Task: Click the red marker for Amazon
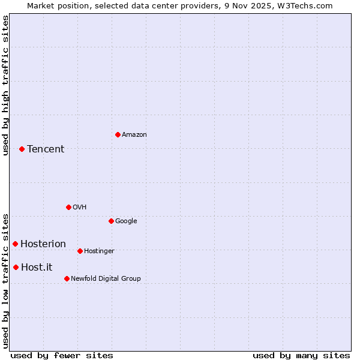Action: (x=118, y=134)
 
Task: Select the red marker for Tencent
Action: (x=22, y=149)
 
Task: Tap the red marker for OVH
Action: (x=68, y=207)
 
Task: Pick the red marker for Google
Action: (x=111, y=221)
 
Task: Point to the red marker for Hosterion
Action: (x=15, y=244)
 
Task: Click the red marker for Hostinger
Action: (x=80, y=251)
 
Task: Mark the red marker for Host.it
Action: (x=16, y=267)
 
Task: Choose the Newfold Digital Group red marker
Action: (x=67, y=278)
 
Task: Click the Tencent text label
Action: (x=46, y=149)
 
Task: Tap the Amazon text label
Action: (x=134, y=134)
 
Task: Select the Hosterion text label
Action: (x=43, y=244)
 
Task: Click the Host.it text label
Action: (x=37, y=267)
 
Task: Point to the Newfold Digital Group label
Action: (x=106, y=278)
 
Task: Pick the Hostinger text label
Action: (x=99, y=251)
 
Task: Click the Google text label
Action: (x=126, y=221)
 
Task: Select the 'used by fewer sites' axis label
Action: (x=62, y=355)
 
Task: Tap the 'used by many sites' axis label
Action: (x=301, y=355)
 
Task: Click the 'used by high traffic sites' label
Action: (x=5, y=85)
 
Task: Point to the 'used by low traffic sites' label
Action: (x=5, y=281)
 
